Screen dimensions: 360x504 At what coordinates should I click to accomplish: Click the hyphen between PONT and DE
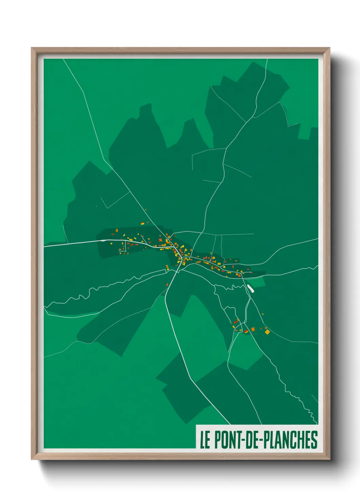(x=242, y=440)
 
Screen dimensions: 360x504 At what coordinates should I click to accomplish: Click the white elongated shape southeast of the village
(x=251, y=288)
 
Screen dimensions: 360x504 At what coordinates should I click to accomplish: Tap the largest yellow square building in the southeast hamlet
(x=267, y=331)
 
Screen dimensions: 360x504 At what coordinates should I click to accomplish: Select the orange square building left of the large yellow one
(x=253, y=329)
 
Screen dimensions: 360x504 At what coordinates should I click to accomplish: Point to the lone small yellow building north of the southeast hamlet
(x=262, y=314)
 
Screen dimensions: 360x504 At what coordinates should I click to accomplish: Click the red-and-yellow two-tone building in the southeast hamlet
(x=246, y=331)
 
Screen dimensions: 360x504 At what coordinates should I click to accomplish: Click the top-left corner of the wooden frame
(x=32, y=49)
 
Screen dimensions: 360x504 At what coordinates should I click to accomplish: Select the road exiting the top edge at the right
(x=266, y=63)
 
